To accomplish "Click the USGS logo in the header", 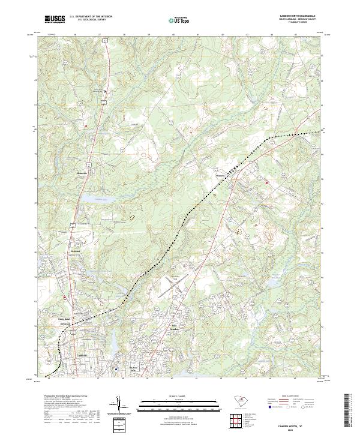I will click(x=55, y=19).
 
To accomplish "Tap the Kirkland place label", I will click(x=76, y=251).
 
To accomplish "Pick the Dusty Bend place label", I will click(x=64, y=319).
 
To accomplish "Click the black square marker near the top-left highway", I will click(x=104, y=91).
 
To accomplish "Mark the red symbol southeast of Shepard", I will click(x=267, y=181).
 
